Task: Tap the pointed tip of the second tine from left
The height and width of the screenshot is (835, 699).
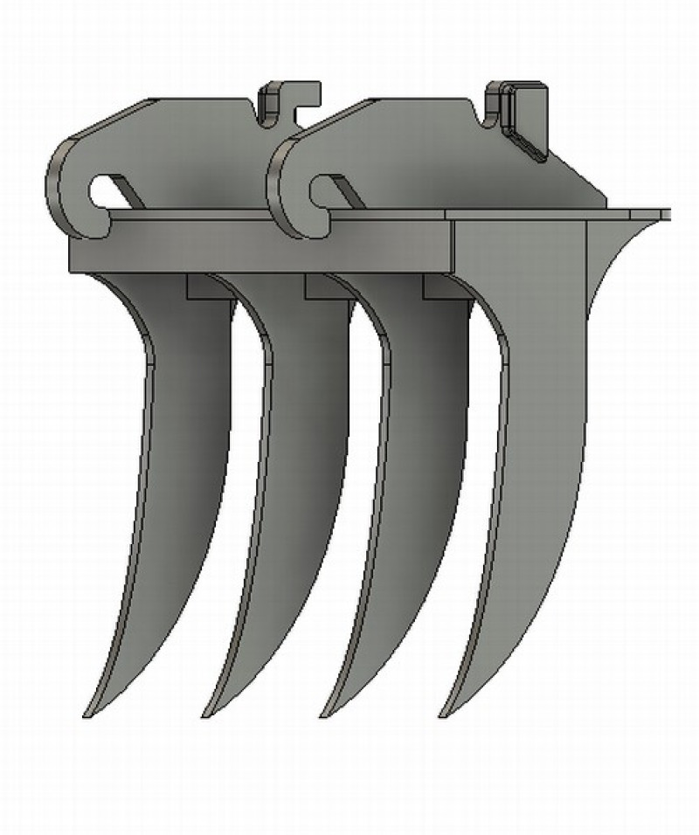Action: pos(206,714)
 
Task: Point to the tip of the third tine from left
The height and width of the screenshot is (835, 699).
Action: pos(325,714)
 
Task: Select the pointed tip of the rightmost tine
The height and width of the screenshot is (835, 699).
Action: pos(443,714)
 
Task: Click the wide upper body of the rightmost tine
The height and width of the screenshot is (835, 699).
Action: pos(533,367)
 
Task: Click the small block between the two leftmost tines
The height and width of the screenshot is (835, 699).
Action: pos(206,288)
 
